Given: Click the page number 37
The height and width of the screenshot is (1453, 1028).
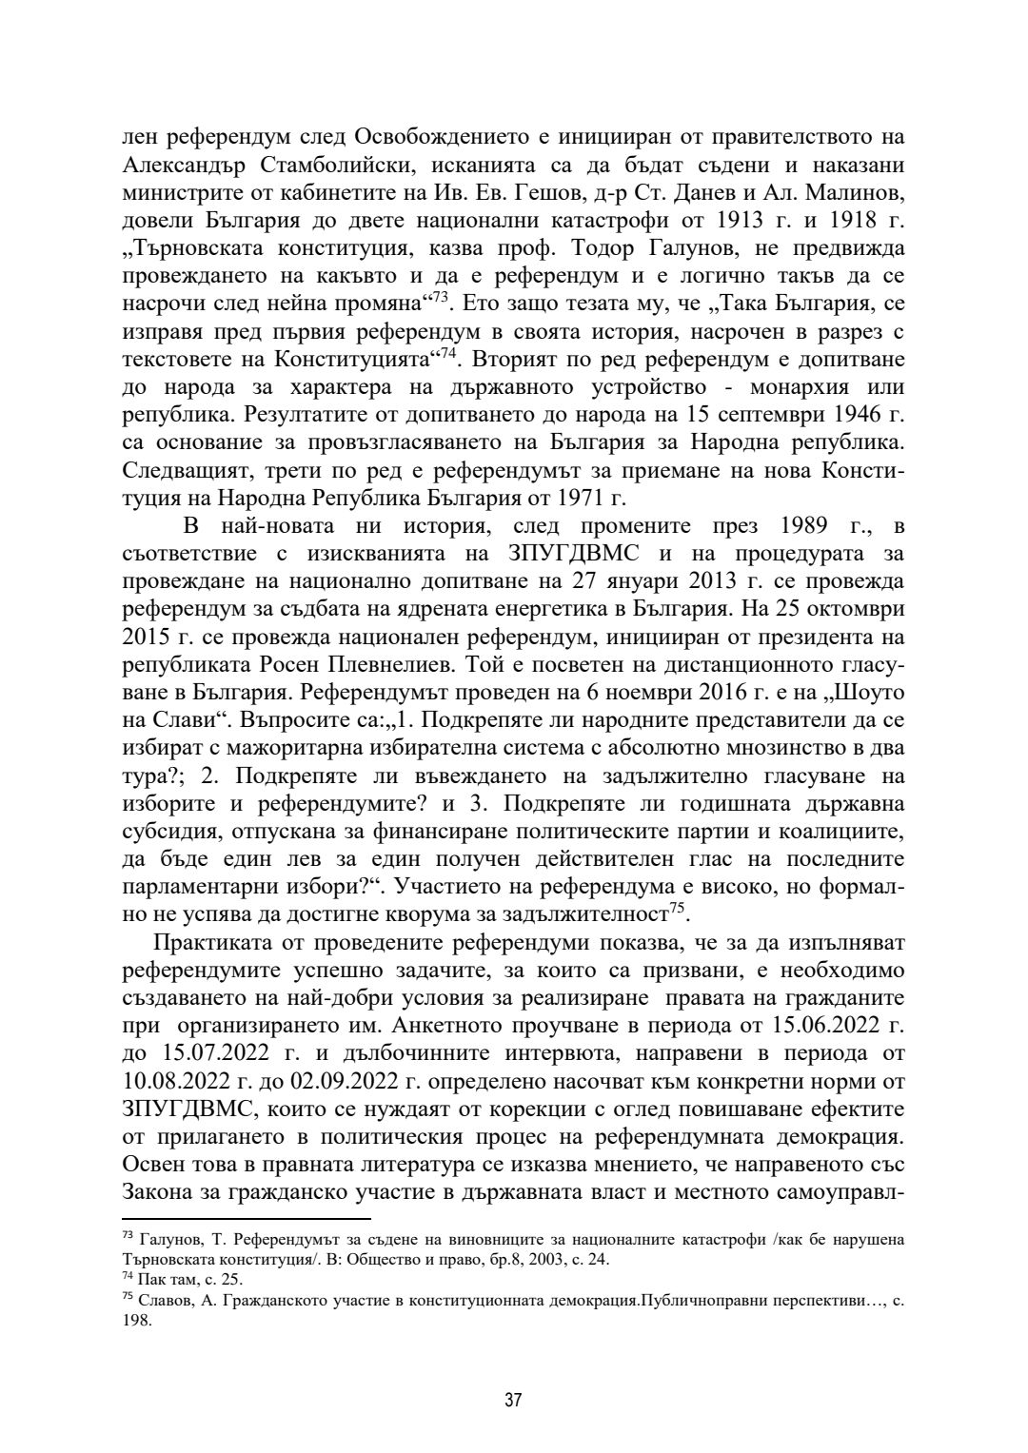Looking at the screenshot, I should [x=513, y=1401].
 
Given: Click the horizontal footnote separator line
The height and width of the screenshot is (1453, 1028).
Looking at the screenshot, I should [x=247, y=1218].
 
